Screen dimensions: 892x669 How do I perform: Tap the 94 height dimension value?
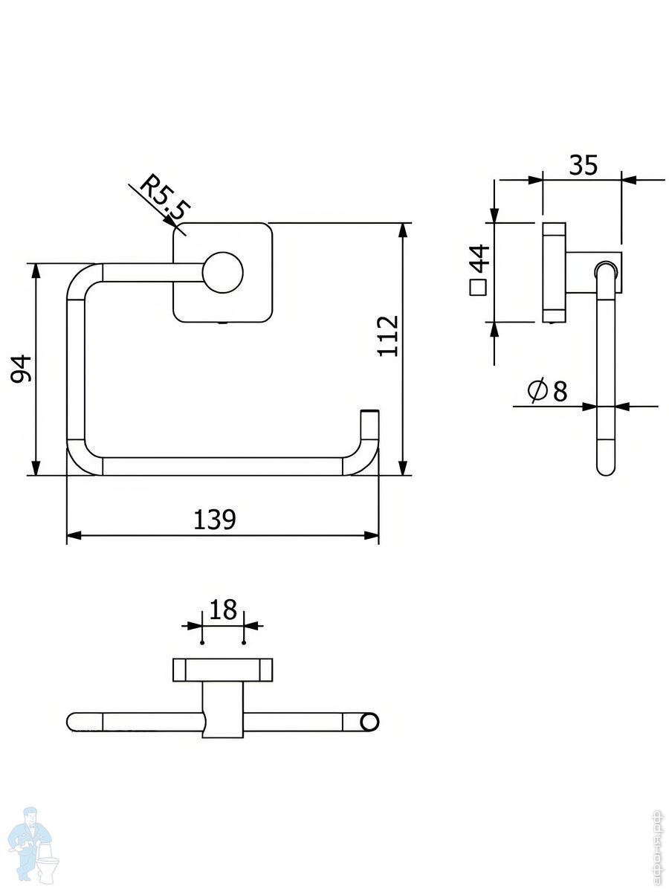click(25, 368)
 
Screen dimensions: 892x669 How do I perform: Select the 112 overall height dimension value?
click(388, 336)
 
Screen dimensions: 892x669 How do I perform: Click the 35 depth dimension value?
click(583, 165)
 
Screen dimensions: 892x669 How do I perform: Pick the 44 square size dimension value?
click(480, 259)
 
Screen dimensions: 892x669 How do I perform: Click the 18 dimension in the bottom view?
click(223, 610)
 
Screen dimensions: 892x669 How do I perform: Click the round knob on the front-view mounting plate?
click(223, 271)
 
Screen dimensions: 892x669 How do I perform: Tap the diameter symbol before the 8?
click(537, 390)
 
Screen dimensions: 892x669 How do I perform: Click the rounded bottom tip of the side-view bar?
click(606, 468)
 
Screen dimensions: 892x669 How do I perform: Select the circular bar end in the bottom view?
click(369, 721)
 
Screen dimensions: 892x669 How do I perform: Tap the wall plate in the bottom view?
click(223, 670)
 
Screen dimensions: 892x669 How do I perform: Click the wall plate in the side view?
click(554, 272)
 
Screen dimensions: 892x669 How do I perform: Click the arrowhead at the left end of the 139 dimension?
click(73, 535)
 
